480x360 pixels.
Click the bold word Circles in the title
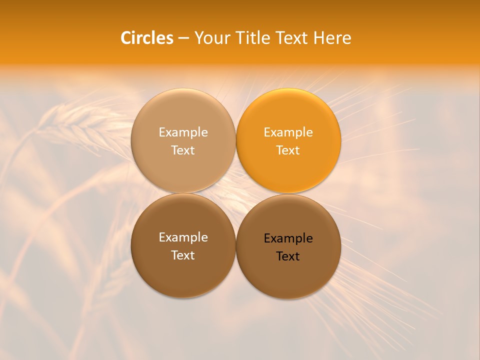pos(147,38)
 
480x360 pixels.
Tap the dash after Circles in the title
pos(183,38)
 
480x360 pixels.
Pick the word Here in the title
pos(332,38)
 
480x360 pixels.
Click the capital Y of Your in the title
pos(198,38)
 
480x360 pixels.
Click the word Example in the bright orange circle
pos(288,132)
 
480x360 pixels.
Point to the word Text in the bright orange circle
pos(288,150)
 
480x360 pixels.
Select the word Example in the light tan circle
pos(183,132)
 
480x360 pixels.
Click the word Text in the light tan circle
pos(183,150)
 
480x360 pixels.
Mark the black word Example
pos(288,238)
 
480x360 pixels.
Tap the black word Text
pos(288,256)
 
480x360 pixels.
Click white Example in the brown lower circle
pos(183,237)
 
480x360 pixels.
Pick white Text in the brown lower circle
pos(183,255)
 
